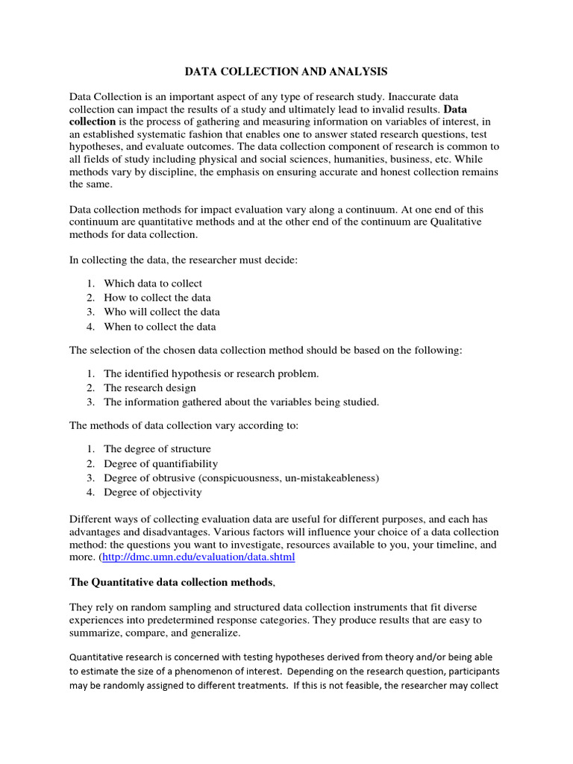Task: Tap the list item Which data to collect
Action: point(153,284)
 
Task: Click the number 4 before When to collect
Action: point(90,326)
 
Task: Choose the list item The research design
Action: point(150,388)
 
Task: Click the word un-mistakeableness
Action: point(328,477)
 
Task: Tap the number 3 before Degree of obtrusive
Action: point(90,477)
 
